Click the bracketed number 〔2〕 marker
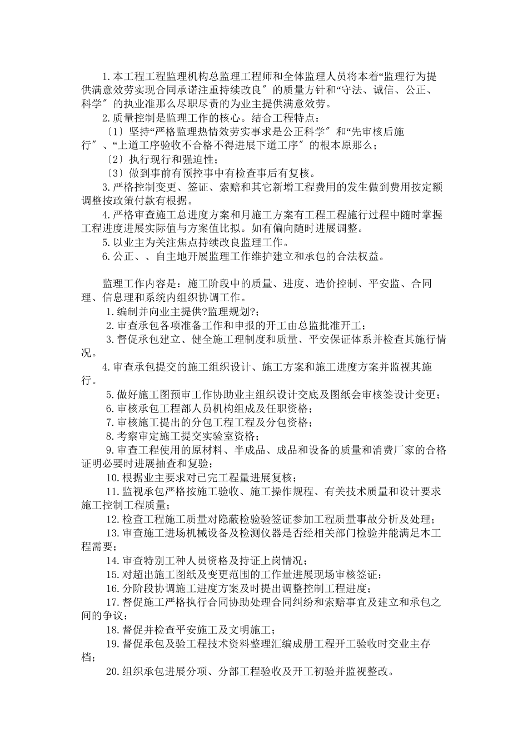click(115, 159)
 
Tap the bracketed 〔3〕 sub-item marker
click(115, 173)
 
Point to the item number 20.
click(113, 671)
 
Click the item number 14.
click(113, 560)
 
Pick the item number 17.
click(113, 602)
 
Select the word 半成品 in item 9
click(252, 450)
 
